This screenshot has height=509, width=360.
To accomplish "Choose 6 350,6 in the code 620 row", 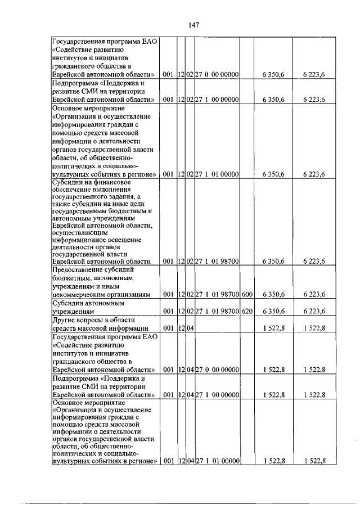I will tap(273, 310).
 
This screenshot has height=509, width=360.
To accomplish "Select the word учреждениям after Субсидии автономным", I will tap(74, 310).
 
